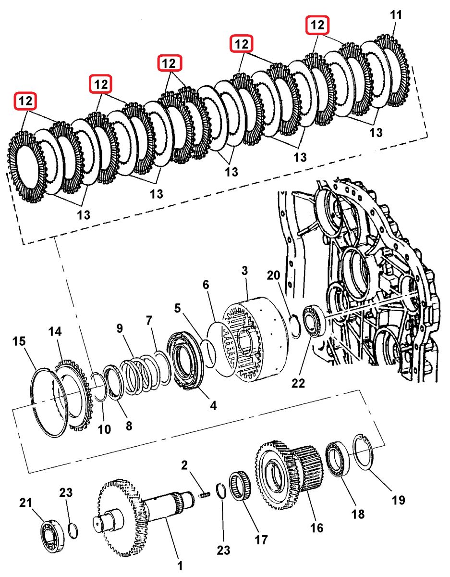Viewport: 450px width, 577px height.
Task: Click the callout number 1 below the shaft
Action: [x=180, y=566]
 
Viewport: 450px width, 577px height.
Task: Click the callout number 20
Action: [x=273, y=276]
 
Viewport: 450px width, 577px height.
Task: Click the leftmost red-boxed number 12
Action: [x=25, y=101]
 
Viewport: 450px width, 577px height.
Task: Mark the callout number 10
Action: [x=104, y=428]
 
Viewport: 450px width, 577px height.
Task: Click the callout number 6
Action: [x=206, y=285]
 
